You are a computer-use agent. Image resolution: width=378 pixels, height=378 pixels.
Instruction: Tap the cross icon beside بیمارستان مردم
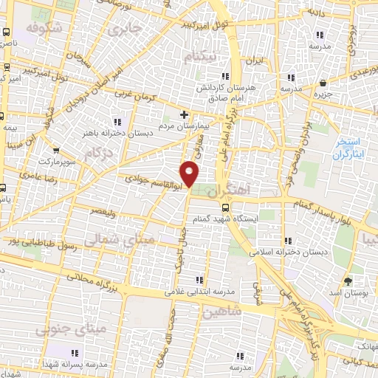pyautogui.click(x=185, y=115)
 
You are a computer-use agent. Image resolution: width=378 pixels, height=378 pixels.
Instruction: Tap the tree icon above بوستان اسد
pyautogui.click(x=349, y=281)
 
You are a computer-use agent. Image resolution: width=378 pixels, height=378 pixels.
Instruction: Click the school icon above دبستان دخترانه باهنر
pyautogui.click(x=117, y=122)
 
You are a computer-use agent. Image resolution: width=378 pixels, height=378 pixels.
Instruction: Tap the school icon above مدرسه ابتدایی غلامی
pyautogui.click(x=199, y=279)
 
